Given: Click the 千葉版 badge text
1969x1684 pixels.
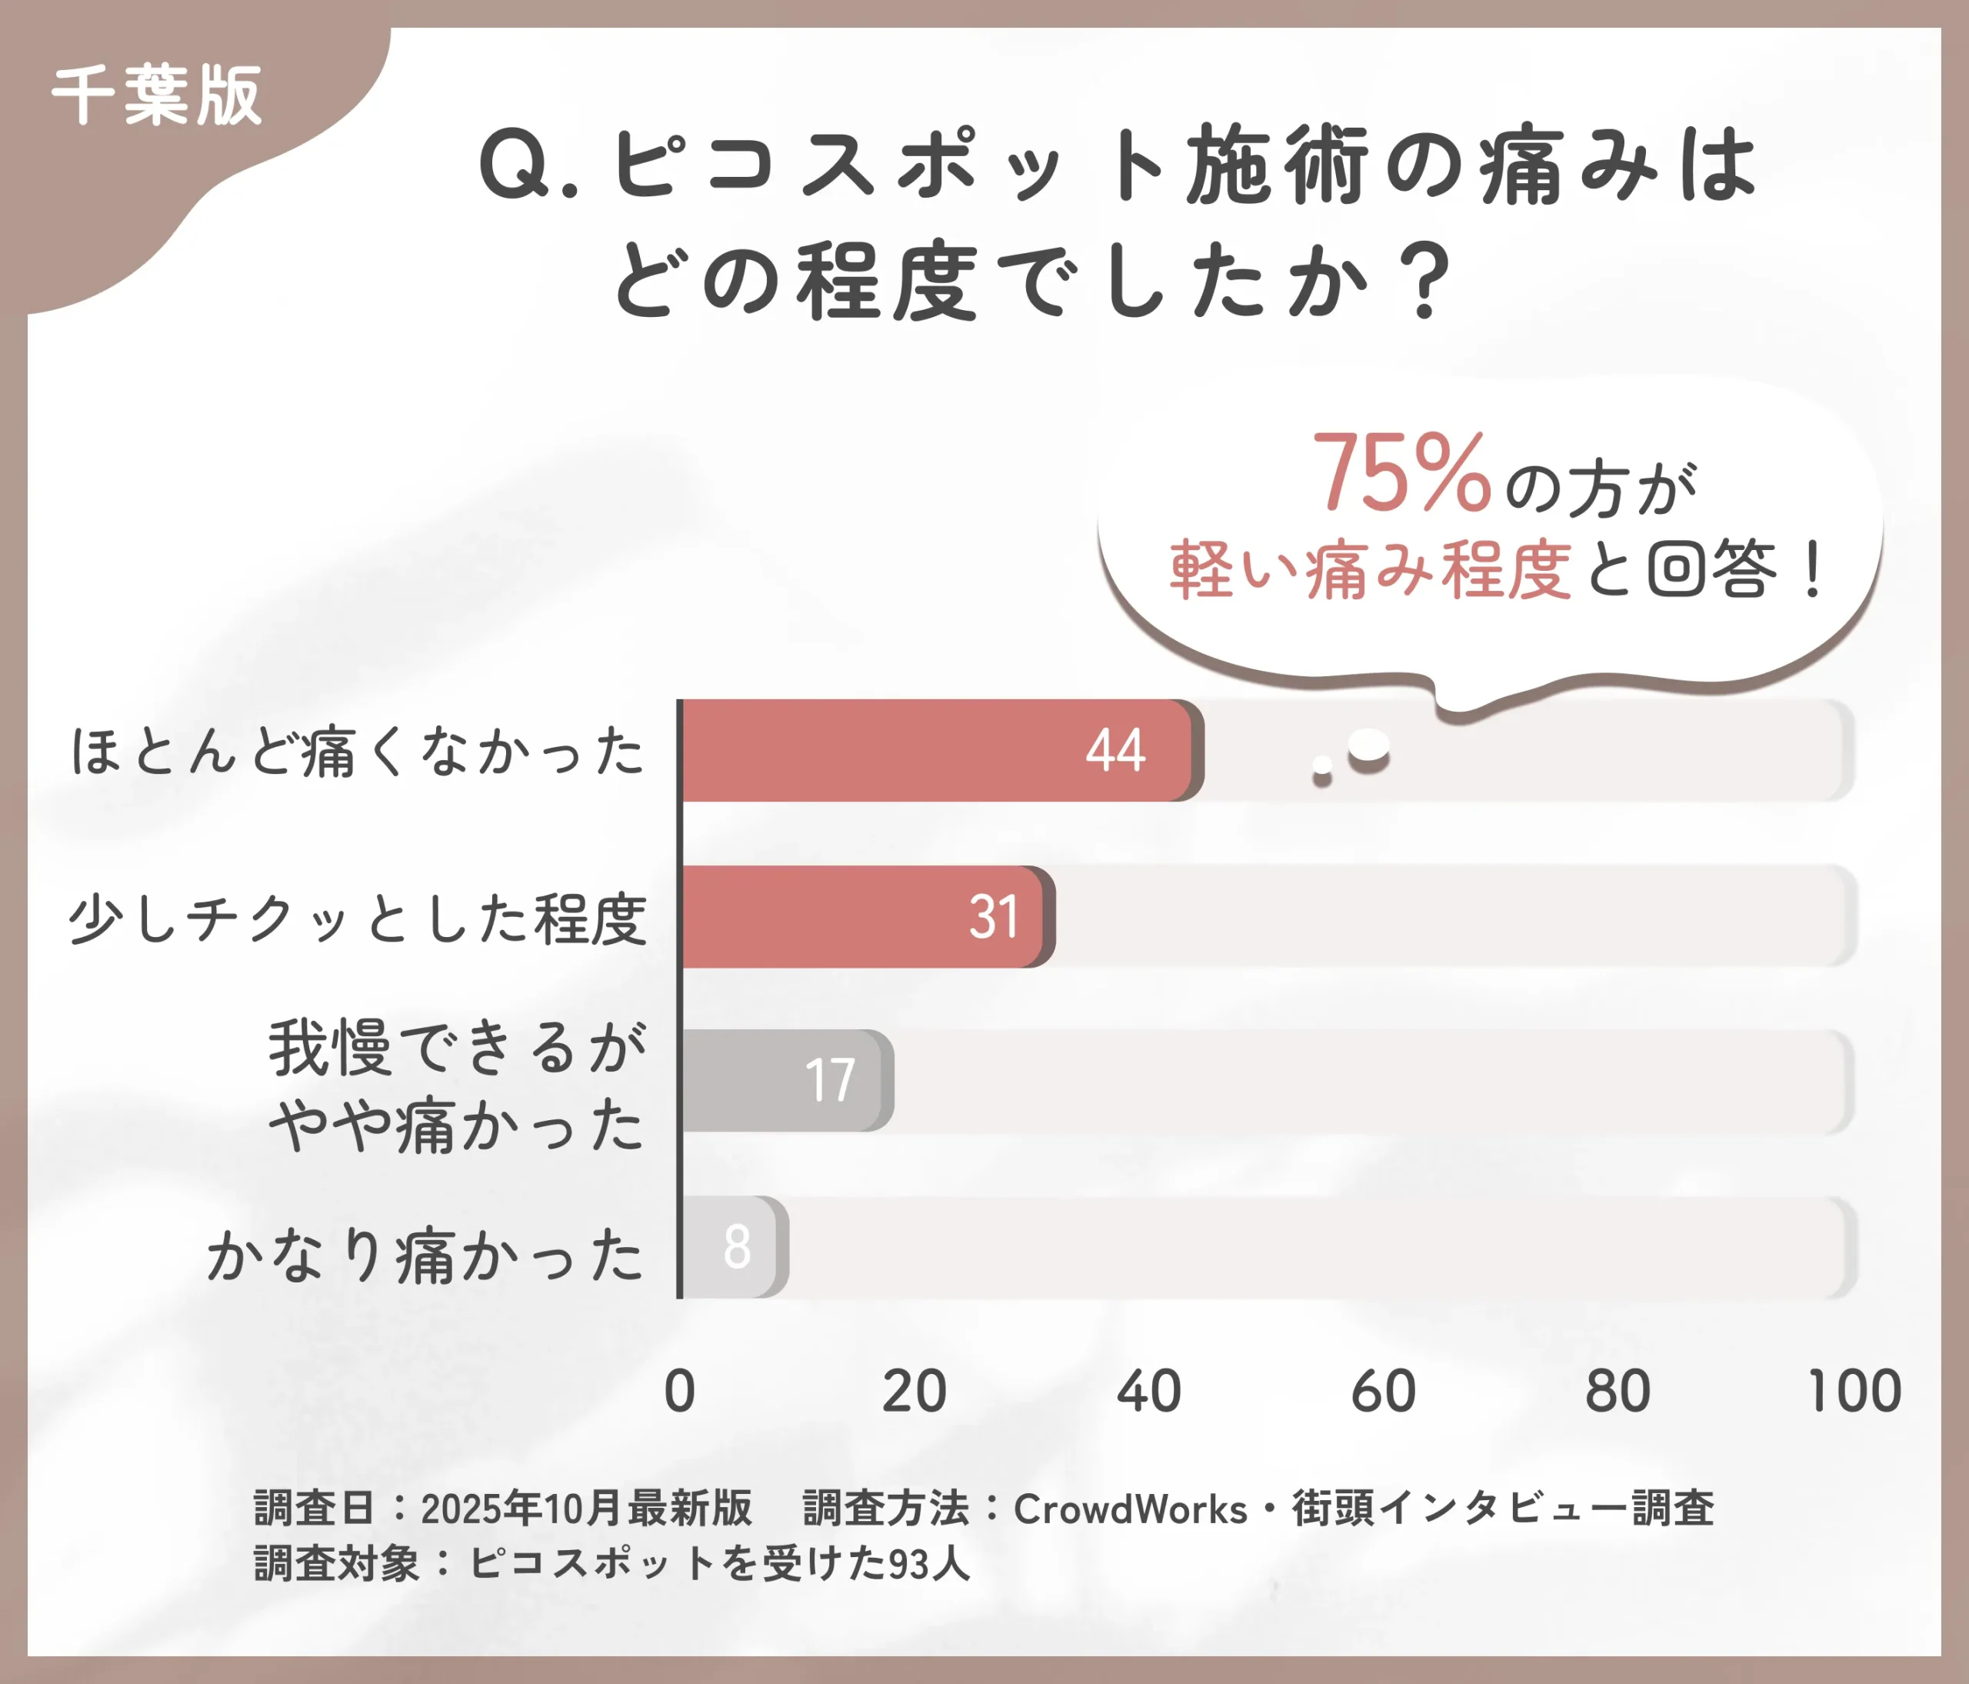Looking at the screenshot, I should [157, 96].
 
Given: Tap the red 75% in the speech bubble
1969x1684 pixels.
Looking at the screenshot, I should [1401, 472].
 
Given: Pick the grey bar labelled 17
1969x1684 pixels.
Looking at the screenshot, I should [787, 1081].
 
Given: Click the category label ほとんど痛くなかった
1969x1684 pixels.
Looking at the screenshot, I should [358, 752].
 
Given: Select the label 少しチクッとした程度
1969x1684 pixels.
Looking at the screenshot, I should [358, 919].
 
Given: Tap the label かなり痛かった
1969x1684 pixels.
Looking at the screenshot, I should [425, 1255].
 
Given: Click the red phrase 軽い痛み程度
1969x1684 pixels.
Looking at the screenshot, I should [1369, 570].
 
